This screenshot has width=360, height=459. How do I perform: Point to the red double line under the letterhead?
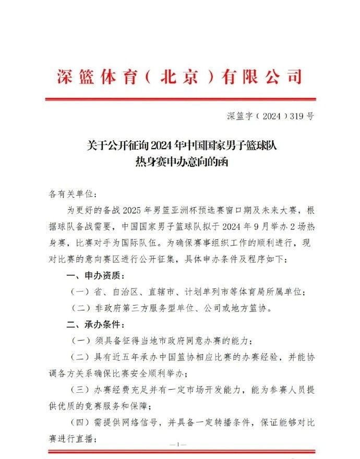(180, 99)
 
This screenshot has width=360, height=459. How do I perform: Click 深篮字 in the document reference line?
(238, 117)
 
